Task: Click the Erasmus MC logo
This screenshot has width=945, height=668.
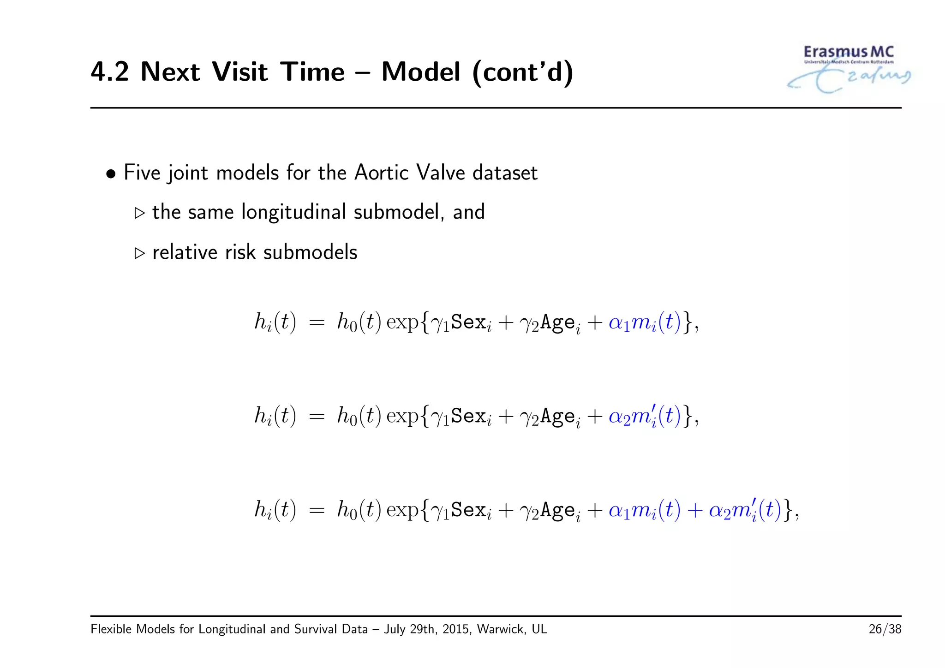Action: coord(848,68)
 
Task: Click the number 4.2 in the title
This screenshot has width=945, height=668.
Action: coord(110,72)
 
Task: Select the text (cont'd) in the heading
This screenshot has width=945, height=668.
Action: coord(523,72)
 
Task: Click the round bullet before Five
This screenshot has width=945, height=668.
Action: coord(111,174)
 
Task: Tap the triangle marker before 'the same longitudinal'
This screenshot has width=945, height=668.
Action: coord(139,213)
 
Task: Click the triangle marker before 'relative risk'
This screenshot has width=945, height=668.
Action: coord(139,253)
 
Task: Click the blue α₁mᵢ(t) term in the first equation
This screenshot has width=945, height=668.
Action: coord(645,322)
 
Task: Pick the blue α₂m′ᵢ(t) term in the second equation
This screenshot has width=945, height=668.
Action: coord(645,416)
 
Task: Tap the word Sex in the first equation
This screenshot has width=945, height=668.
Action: coord(468,322)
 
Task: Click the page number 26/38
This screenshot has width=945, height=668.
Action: coord(885,629)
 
